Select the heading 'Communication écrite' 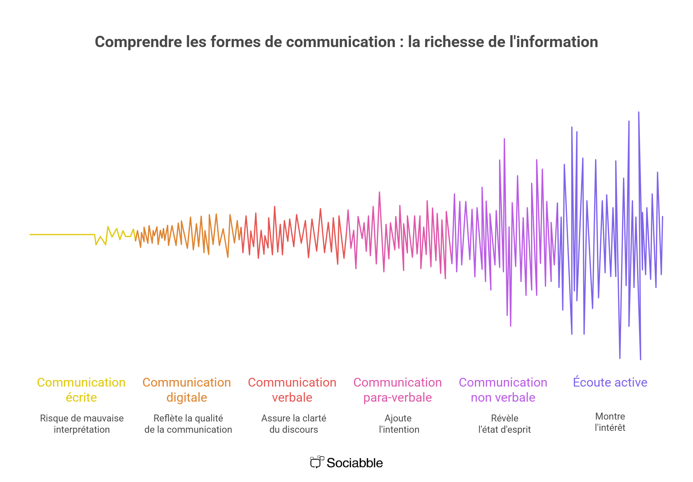tap(81, 390)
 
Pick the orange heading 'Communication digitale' tap(187, 390)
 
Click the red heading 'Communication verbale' tap(292, 390)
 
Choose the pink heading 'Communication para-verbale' tap(398, 390)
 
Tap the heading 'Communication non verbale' tap(503, 390)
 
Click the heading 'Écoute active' tap(610, 382)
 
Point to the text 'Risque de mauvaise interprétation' tap(82, 424)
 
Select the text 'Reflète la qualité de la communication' tap(188, 424)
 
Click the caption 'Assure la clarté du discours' tap(294, 424)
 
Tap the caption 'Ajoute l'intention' tap(399, 424)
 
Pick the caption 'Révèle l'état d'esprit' tap(505, 424)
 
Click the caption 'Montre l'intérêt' tap(610, 422)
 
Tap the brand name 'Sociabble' tap(355, 463)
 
